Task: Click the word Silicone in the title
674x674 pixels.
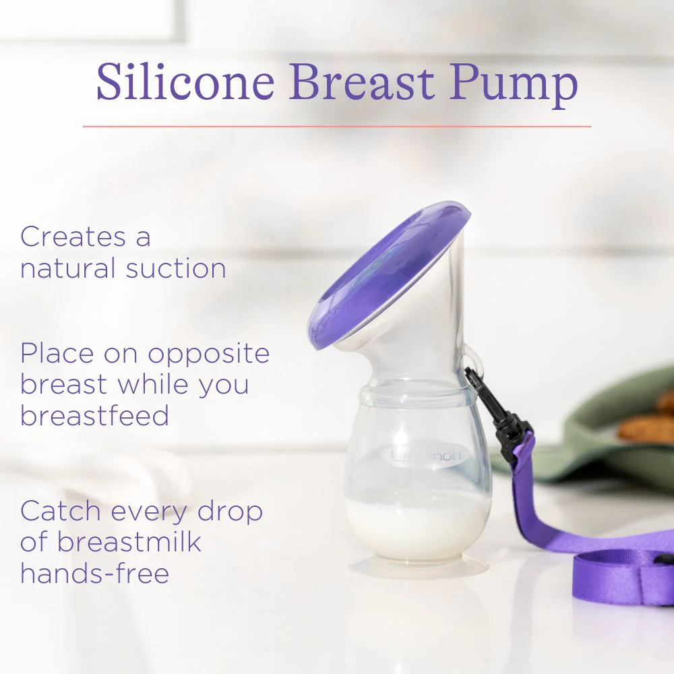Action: [185, 83]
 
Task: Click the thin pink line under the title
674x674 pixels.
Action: [337, 126]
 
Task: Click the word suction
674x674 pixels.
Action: [176, 268]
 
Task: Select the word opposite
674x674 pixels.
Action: [209, 354]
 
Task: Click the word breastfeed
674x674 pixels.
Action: [94, 416]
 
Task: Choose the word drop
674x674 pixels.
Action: [230, 512]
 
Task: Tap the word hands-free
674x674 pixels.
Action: [94, 574]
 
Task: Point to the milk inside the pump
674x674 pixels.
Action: [419, 526]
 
